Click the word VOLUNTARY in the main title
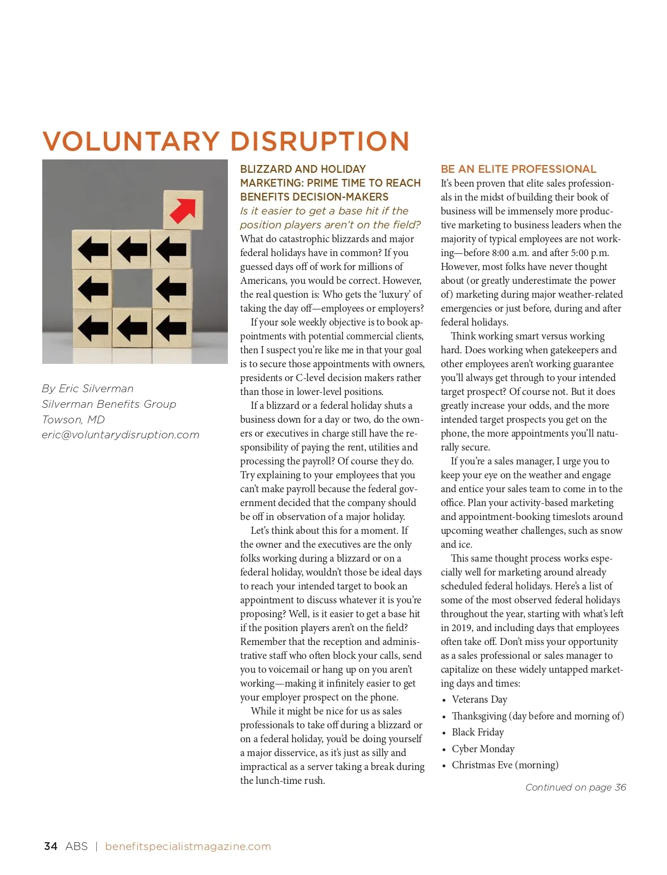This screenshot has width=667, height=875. pos(131,141)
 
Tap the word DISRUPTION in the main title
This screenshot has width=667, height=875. pos(320,141)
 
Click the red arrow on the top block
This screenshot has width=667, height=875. pos(183,209)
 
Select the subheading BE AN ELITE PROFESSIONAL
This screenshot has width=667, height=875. pos(519,169)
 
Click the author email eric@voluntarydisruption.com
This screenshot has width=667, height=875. pos(121,435)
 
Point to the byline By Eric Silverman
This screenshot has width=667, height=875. pos(88,388)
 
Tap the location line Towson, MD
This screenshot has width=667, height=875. pos(73,419)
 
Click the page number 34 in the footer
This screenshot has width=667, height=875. pos(51,846)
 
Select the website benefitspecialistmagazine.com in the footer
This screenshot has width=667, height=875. pos(188,846)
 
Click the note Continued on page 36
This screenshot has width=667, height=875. pos(576,787)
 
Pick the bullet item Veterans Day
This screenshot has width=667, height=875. pos(479,699)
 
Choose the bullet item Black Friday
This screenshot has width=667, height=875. pos(477,732)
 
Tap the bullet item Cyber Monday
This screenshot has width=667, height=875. pos(483,749)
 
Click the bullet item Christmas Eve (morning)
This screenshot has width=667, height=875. pos(505,765)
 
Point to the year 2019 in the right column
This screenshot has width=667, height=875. pos(461,628)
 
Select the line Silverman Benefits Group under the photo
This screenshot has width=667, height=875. pos(109,404)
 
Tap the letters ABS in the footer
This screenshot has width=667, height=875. pos(76,846)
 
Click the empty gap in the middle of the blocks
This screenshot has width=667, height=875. pos(132,288)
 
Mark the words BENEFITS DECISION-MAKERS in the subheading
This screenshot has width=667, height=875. pos(314,197)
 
